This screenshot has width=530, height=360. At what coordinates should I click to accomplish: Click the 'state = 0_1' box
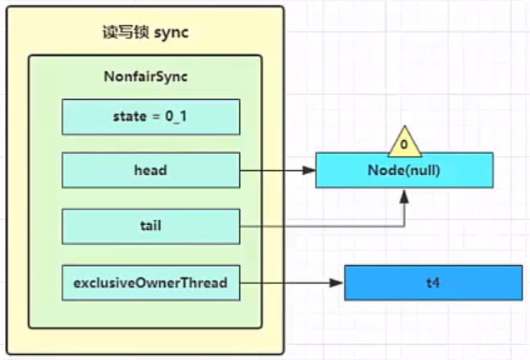click(x=151, y=117)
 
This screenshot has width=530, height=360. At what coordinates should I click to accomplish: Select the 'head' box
click(x=151, y=170)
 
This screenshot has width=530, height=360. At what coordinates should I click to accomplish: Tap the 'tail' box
click(x=151, y=226)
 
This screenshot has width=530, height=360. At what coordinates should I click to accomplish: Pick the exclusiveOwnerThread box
click(x=151, y=283)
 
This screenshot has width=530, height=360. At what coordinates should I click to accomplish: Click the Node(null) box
click(x=404, y=170)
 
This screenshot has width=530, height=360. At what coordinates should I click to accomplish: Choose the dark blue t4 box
click(x=433, y=283)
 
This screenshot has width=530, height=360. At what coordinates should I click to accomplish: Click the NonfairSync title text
click(x=146, y=77)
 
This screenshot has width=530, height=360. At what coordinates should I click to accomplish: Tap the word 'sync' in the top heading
click(x=171, y=33)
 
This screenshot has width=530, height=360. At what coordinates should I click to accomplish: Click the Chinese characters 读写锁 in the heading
click(x=125, y=32)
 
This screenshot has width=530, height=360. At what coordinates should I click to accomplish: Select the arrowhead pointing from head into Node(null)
click(x=309, y=170)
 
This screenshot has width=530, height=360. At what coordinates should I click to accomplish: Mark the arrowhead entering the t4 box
click(x=337, y=283)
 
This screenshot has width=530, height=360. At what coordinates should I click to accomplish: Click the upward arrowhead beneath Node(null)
click(x=404, y=197)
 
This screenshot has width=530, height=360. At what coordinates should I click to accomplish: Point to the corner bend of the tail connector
click(x=404, y=226)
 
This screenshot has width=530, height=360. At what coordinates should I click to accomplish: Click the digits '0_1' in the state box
click(x=176, y=117)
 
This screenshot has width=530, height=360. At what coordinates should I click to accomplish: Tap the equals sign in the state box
click(x=156, y=117)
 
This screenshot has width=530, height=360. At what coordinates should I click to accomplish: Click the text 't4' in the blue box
click(x=433, y=282)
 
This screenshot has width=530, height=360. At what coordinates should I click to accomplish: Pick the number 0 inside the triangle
click(x=404, y=145)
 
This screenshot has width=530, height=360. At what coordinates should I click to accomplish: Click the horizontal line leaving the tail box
click(x=322, y=226)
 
